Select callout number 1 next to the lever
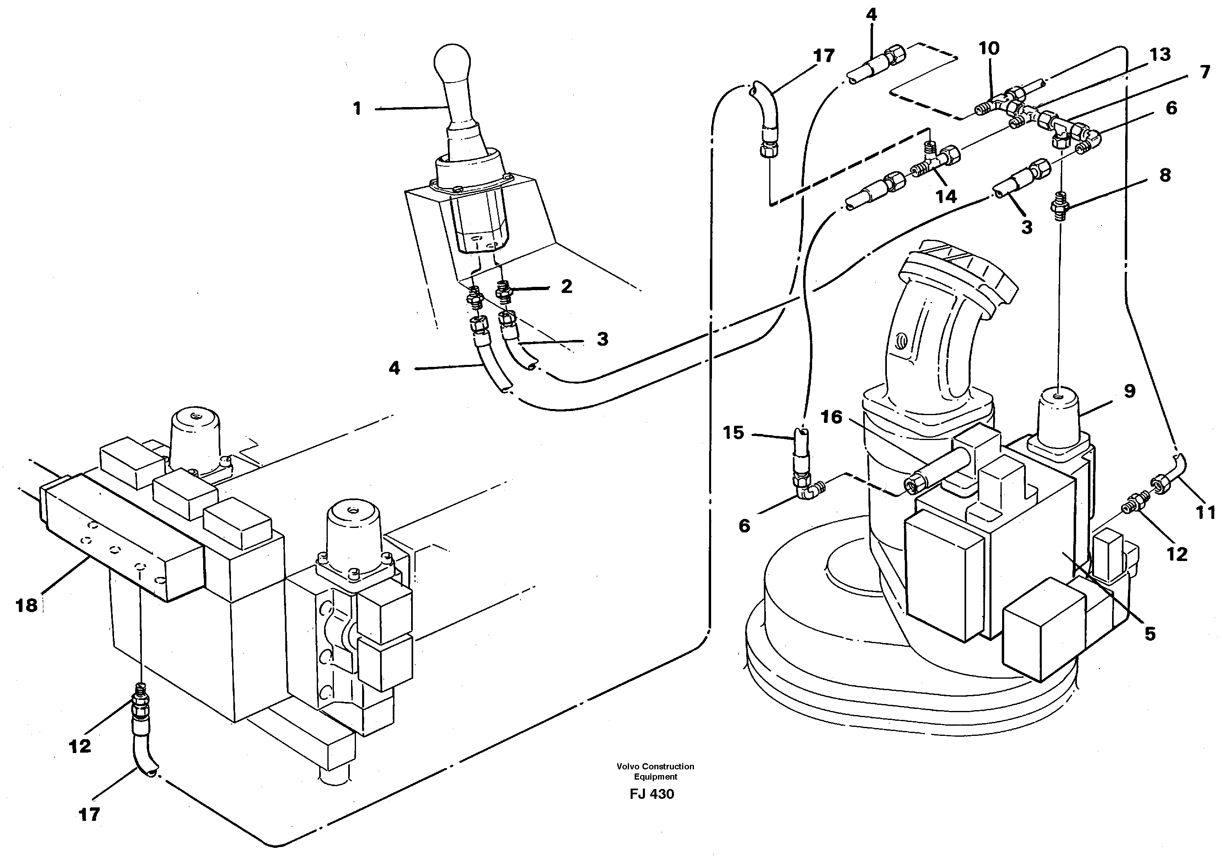pyautogui.click(x=357, y=109)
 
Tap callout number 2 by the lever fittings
pyautogui.click(x=566, y=287)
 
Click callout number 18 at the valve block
pyautogui.click(x=27, y=606)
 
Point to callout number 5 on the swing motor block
pyautogui.click(x=1150, y=634)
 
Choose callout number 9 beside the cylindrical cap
pyautogui.click(x=1129, y=391)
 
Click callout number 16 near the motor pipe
pyautogui.click(x=831, y=417)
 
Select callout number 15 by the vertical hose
pyautogui.click(x=733, y=433)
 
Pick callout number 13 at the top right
pyautogui.click(x=1160, y=55)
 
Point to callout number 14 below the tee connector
pyautogui.click(x=946, y=197)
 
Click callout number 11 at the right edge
pyautogui.click(x=1206, y=512)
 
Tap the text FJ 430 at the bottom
pyautogui.click(x=651, y=794)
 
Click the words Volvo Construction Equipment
pyautogui.click(x=655, y=771)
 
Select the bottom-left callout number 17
pyautogui.click(x=89, y=814)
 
